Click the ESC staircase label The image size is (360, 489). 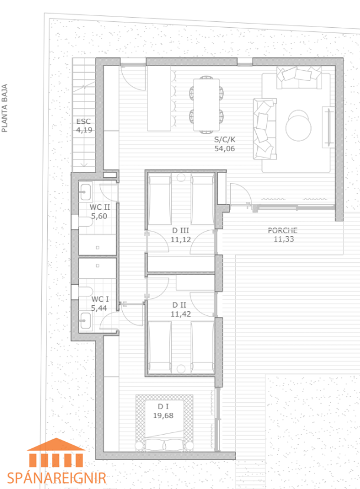click(x=84, y=121)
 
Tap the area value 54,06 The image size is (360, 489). click(x=224, y=149)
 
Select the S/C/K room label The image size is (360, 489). click(x=224, y=139)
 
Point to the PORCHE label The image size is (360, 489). click(x=283, y=230)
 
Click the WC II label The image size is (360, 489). click(x=100, y=207)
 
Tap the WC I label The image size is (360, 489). click(x=100, y=299)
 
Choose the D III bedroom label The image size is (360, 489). click(x=181, y=231)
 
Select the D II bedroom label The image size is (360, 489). click(x=179, y=305)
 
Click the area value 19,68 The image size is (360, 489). click(x=163, y=415)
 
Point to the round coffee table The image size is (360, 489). click(x=298, y=126)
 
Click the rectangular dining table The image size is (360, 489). click(x=207, y=105)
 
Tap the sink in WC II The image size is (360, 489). click(x=85, y=192)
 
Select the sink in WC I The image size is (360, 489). click(x=85, y=321)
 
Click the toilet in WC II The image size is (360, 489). click(x=86, y=221)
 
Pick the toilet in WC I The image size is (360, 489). click(x=86, y=292)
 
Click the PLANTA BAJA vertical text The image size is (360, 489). click(x=4, y=108)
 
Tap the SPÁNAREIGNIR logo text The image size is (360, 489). click(x=57, y=478)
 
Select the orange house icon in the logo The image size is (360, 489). click(x=56, y=452)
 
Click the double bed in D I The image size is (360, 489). click(x=164, y=423)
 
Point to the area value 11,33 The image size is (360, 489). click(x=284, y=239)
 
